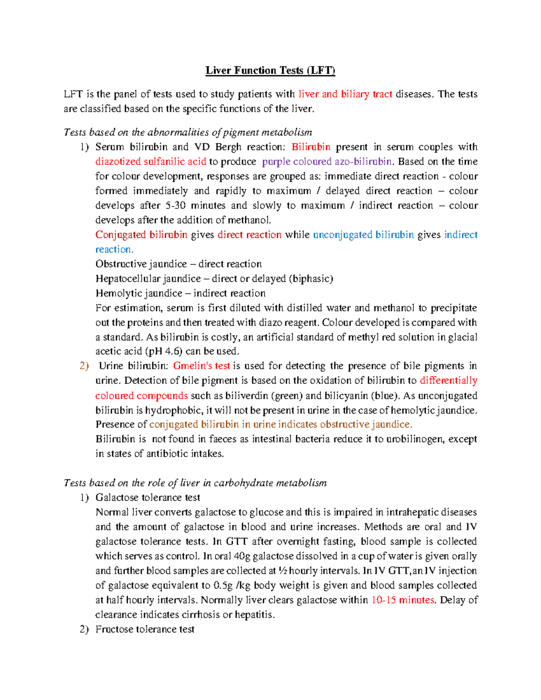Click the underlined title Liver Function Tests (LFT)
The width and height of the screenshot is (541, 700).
270,70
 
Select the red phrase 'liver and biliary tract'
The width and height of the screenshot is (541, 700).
345,94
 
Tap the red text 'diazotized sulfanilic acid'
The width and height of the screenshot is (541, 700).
151,161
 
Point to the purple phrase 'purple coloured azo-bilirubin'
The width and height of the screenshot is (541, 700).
327,161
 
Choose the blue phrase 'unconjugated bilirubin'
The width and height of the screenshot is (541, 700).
363,235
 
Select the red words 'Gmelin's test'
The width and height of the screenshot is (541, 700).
201,366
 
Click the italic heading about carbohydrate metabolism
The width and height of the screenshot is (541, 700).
195,483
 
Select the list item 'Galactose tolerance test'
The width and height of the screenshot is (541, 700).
147,498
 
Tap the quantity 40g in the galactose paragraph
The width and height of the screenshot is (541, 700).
243,556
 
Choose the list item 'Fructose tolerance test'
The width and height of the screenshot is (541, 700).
145,629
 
